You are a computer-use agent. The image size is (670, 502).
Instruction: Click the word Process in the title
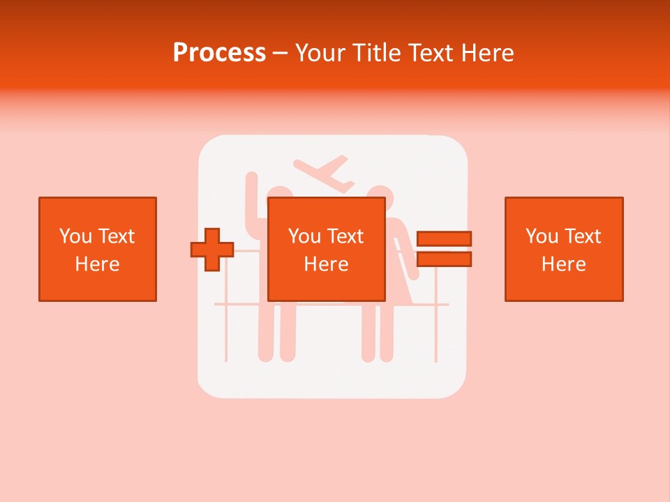tap(219, 53)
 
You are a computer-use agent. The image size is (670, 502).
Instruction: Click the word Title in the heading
tap(378, 53)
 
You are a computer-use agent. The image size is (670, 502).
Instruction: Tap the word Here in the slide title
tap(488, 53)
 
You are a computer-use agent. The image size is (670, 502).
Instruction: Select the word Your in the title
tap(321, 53)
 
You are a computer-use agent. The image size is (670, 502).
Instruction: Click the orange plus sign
tap(212, 250)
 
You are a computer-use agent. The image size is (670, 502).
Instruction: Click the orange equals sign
tap(444, 249)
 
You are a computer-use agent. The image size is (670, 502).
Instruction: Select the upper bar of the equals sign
tap(444, 238)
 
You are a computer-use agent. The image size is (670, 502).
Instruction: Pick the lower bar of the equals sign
tap(444, 259)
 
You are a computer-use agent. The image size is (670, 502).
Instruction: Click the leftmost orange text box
tap(97, 249)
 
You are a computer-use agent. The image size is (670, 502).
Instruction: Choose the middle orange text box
tap(326, 249)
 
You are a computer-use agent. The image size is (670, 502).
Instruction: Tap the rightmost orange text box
tap(563, 249)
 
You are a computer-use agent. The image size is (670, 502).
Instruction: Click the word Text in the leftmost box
tap(117, 236)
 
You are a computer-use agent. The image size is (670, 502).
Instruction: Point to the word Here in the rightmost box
tap(563, 264)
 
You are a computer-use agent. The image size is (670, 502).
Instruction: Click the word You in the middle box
tap(304, 236)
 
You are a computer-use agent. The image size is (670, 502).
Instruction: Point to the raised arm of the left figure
tap(253, 192)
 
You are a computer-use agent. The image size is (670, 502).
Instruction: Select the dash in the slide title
tap(280, 53)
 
